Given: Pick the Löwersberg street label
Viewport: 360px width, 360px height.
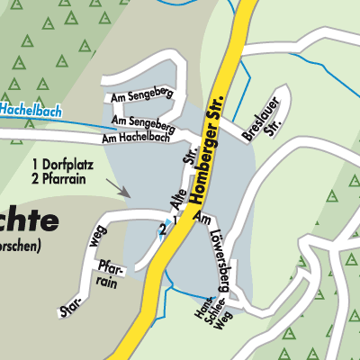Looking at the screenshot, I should pos(224,253).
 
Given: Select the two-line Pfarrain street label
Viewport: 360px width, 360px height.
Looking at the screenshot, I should pos(110,274).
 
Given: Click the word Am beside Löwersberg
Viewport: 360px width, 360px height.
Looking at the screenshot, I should pos(204,220).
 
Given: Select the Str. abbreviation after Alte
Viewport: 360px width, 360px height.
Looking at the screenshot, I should pos(190,158).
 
